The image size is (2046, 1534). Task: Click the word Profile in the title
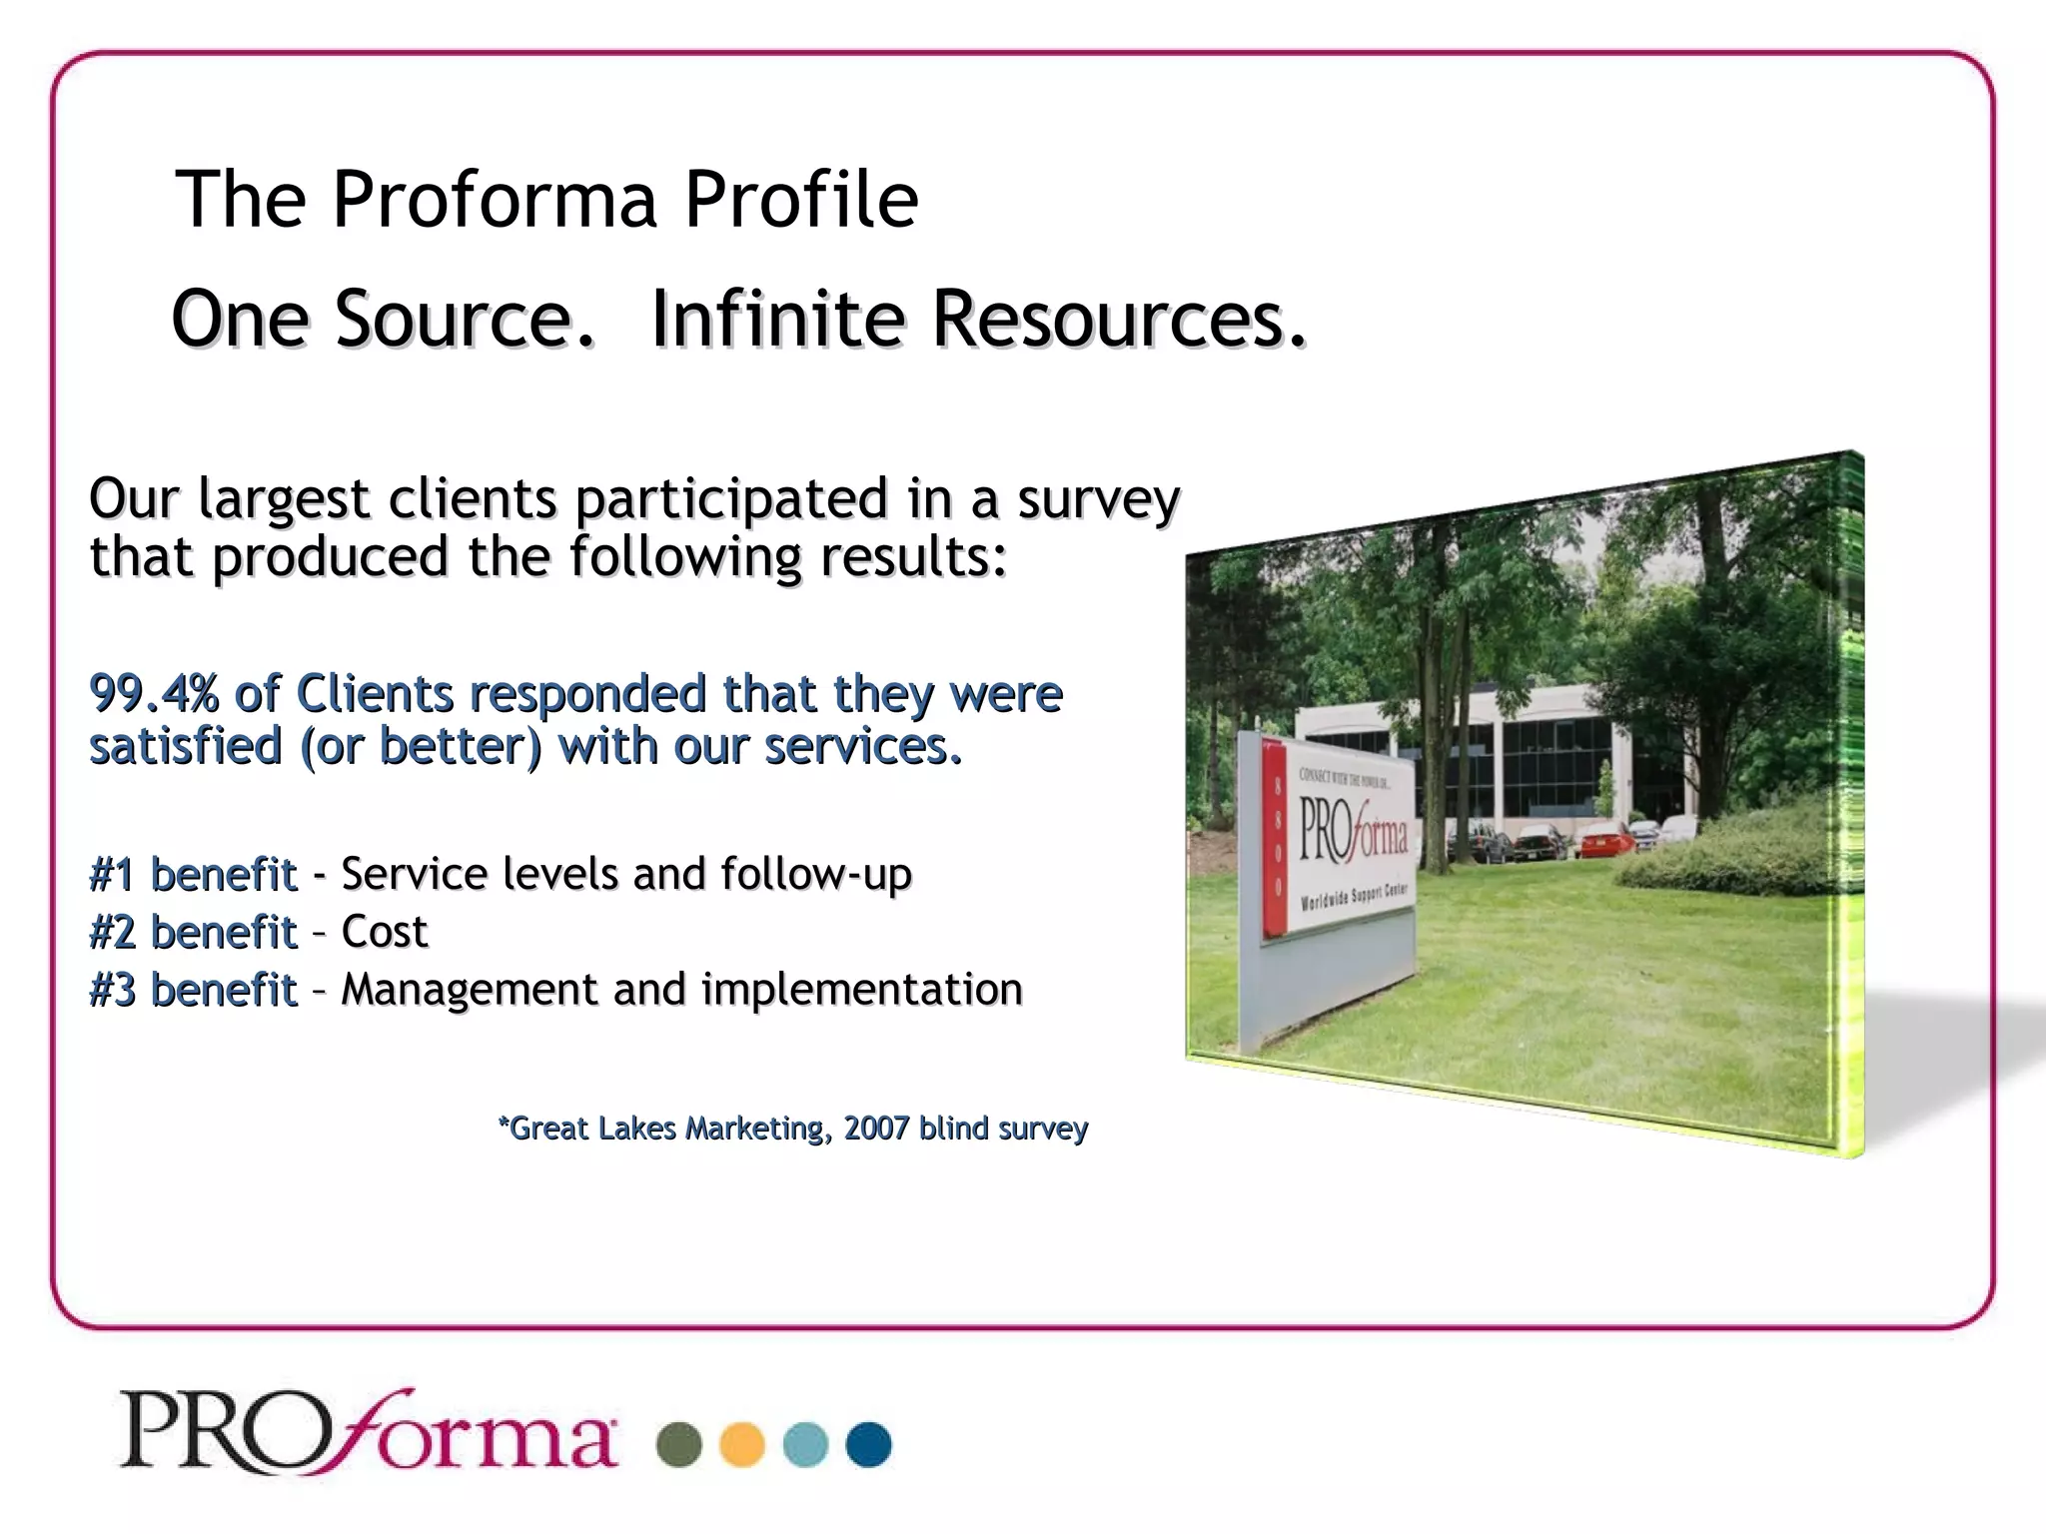pos(800,199)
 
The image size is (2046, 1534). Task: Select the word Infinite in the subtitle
pos(778,319)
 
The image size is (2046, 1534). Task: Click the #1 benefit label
pos(193,875)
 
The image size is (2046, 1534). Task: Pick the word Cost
pos(384,932)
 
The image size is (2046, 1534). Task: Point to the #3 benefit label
pos(193,991)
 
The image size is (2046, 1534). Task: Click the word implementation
pos(861,991)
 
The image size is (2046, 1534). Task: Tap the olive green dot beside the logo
pos(679,1444)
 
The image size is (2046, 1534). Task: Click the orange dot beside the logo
pos(742,1444)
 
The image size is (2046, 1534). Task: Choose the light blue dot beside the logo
pos(805,1444)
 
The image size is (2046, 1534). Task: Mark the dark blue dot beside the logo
pos(868,1444)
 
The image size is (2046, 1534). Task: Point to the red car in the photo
pos(1604,841)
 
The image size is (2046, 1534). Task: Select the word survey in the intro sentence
pos(1098,498)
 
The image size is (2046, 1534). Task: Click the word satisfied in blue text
pos(186,747)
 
